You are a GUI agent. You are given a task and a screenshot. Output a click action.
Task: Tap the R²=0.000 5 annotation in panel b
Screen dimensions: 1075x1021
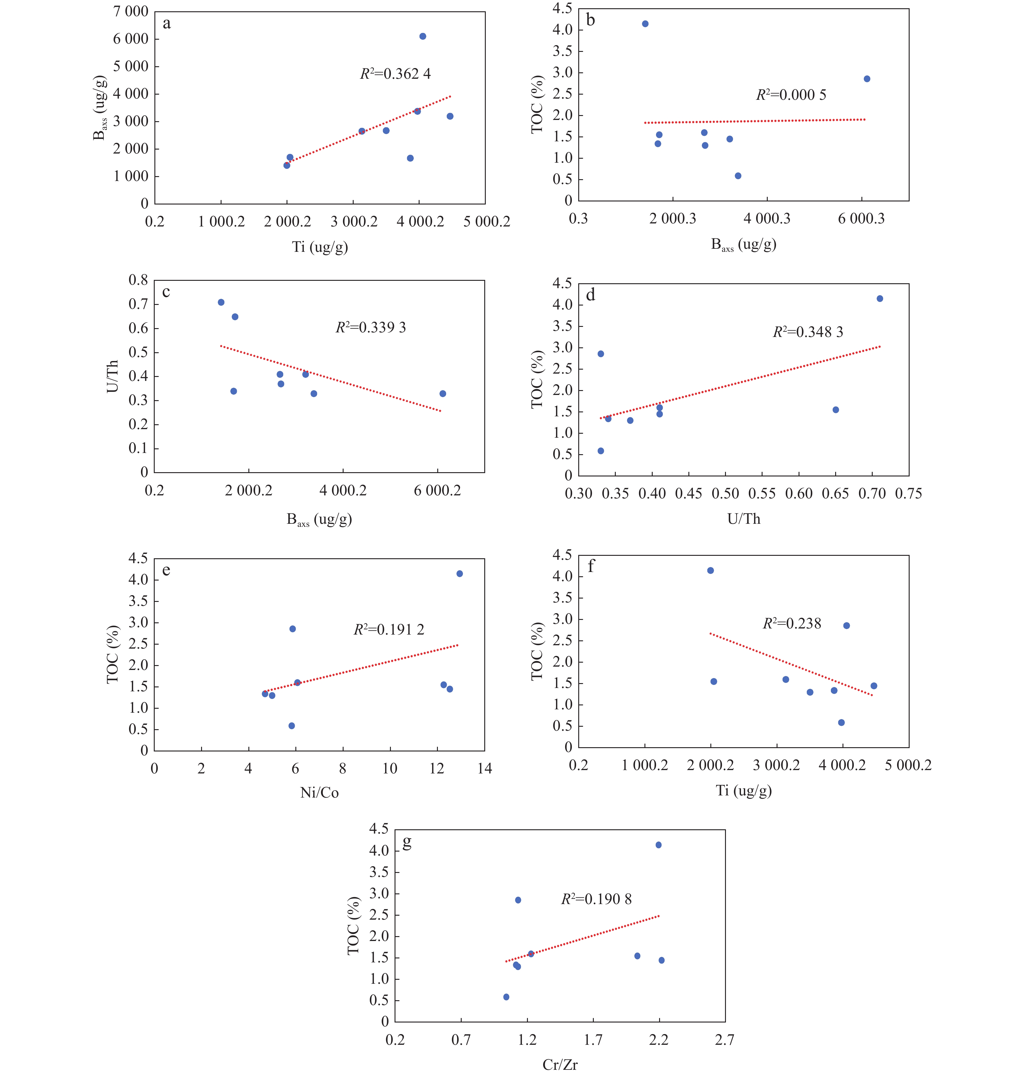pyautogui.click(x=791, y=95)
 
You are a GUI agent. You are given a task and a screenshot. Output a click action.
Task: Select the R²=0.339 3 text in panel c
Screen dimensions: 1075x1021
pyautogui.click(x=371, y=328)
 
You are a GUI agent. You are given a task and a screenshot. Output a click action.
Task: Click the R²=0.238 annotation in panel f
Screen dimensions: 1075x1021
pyautogui.click(x=792, y=624)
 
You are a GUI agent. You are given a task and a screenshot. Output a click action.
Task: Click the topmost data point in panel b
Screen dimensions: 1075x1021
pyautogui.click(x=645, y=24)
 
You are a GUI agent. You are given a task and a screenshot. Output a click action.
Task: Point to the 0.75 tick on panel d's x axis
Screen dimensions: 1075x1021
pyautogui.click(x=908, y=494)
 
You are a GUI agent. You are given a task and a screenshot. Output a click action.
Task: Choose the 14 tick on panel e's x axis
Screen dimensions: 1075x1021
pyautogui.click(x=484, y=769)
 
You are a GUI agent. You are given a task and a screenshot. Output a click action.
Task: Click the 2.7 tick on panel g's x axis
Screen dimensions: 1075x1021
pyautogui.click(x=724, y=1040)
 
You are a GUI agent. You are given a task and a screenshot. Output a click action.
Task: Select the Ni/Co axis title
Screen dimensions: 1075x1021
pyautogui.click(x=319, y=792)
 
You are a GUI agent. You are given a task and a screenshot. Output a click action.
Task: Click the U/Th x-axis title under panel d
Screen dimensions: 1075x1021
pyautogui.click(x=743, y=519)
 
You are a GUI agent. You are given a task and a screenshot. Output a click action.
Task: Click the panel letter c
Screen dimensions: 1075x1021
pyautogui.click(x=166, y=292)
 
